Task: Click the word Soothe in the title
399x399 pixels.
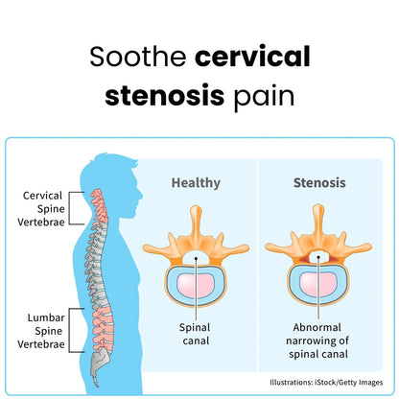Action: pos(138,57)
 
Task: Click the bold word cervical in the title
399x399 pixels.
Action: pos(252,57)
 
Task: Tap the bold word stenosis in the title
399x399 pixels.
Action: pos(165,95)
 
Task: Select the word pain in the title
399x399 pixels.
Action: pos(264,97)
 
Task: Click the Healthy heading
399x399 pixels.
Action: pos(196,183)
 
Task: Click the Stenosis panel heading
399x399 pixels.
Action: pos(319,183)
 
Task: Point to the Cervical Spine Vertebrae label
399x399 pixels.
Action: pos(41,209)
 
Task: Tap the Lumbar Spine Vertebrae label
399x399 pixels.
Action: pos(41,331)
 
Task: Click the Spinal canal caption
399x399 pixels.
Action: pos(196,334)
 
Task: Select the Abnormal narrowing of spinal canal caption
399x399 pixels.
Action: pos(317,340)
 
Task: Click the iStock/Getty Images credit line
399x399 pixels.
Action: pos(326,382)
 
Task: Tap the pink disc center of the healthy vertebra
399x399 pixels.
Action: pos(196,285)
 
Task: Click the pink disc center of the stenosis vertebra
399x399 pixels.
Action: pos(317,285)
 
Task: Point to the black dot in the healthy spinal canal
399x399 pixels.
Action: pos(196,258)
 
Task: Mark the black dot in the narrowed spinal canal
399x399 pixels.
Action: pos(318,257)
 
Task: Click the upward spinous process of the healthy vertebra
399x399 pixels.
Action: pos(196,222)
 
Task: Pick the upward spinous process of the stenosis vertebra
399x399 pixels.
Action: pos(318,221)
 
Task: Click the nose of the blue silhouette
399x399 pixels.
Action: pos(141,196)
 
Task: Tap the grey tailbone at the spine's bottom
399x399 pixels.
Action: pos(99,366)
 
